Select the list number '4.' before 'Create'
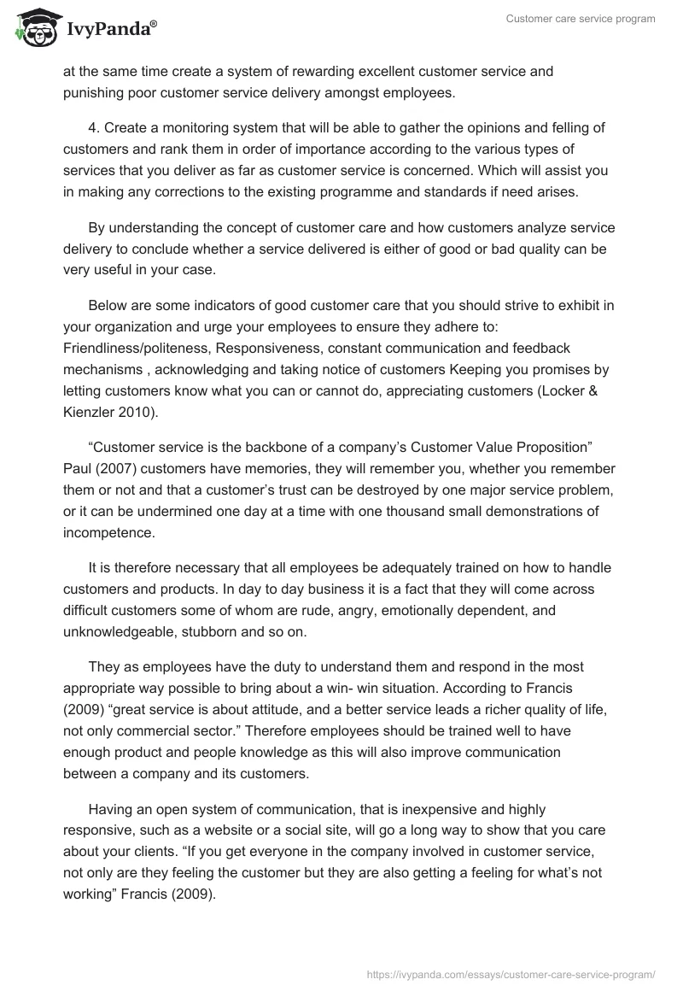(x=96, y=128)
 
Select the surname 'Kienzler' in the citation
(x=89, y=412)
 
